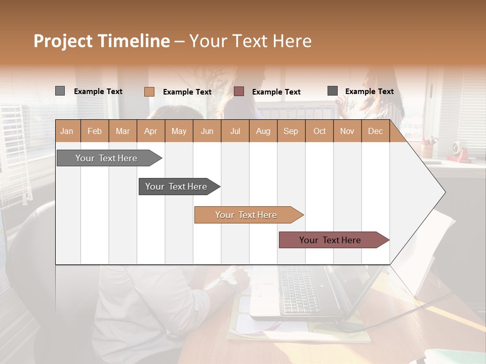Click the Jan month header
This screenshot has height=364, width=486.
(x=67, y=131)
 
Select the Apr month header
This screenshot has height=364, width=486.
(x=150, y=131)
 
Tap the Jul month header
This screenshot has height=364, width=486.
(x=235, y=131)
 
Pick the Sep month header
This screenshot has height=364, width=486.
(x=291, y=131)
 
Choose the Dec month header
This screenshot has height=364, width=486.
(x=375, y=131)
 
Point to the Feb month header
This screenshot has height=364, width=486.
(x=95, y=131)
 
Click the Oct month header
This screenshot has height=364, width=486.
(x=319, y=131)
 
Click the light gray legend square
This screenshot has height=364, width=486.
(x=60, y=91)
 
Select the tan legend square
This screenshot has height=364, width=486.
(x=149, y=92)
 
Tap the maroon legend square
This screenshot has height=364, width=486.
(x=239, y=91)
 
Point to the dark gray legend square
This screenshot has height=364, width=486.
(x=333, y=91)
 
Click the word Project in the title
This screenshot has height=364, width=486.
(x=63, y=41)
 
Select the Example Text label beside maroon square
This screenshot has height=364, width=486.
(x=276, y=92)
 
